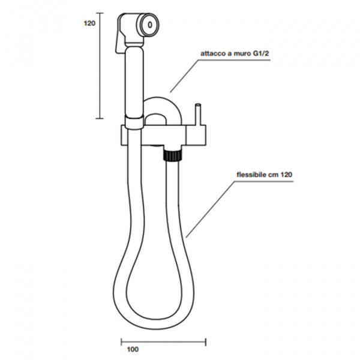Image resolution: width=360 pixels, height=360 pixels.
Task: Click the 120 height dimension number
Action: coord(89,23)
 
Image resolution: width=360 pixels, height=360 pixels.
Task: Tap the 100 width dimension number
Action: coord(133,349)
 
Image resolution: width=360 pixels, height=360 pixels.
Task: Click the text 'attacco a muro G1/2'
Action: coord(235,54)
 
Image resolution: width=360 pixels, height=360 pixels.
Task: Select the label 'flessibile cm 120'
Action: coord(265,175)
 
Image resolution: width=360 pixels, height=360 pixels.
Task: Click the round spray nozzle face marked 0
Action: coord(149,25)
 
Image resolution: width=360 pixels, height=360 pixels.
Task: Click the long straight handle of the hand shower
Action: coord(134,81)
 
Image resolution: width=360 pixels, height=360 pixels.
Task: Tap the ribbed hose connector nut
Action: coord(172,155)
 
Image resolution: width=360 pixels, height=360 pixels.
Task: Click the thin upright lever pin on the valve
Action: coord(198,115)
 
